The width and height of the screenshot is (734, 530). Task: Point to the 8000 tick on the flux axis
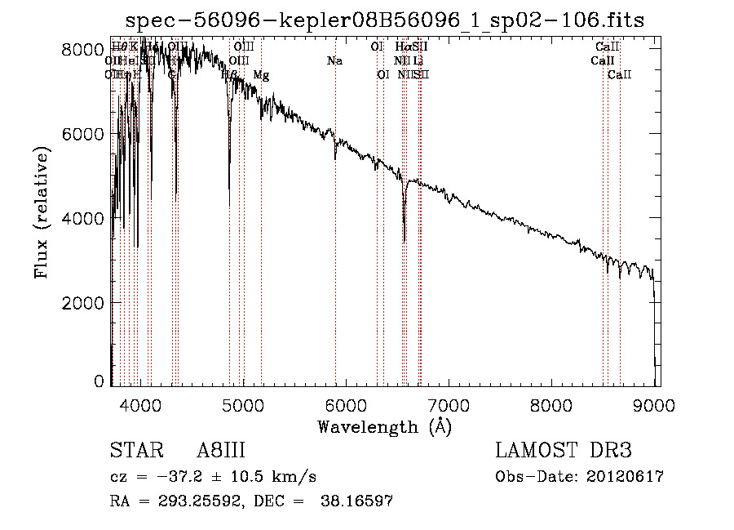[x=84, y=50]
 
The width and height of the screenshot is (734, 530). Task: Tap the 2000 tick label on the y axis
[x=84, y=303]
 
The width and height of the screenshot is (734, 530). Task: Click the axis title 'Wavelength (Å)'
[x=385, y=426]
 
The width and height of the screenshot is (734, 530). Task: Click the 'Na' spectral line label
[x=334, y=61]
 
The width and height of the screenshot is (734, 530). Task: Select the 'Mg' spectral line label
[x=261, y=75]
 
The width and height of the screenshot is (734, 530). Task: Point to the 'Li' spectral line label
[x=418, y=61]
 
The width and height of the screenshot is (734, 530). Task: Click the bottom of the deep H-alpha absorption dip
[x=405, y=241]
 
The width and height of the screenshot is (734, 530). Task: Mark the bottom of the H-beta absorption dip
[x=229, y=204]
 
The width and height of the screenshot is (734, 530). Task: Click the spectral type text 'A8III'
[x=221, y=452]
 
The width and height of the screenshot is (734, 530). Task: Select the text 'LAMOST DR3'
[x=564, y=452]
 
